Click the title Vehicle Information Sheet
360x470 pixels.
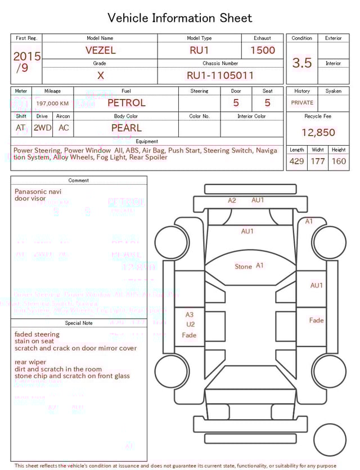click(180, 18)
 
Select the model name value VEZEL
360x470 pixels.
click(100, 50)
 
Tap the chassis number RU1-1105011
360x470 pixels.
click(220, 75)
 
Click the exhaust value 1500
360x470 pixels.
click(262, 50)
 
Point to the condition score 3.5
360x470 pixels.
click(302, 62)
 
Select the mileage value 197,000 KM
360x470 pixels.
click(52, 104)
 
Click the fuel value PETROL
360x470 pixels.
click(126, 103)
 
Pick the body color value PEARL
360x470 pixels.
click(126, 128)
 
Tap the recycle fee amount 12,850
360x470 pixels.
click(318, 132)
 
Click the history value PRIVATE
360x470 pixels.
click(302, 103)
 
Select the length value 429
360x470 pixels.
click(296, 161)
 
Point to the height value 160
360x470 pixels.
click(339, 161)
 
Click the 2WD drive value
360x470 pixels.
click(42, 128)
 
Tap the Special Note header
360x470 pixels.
click(79, 323)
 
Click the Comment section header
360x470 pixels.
click(79, 180)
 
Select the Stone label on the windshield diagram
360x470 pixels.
click(243, 266)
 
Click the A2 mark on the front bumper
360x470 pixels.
click(232, 200)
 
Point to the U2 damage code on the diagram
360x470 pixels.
click(190, 324)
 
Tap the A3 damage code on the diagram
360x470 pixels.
click(190, 315)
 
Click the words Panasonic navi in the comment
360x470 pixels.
click(38, 191)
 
